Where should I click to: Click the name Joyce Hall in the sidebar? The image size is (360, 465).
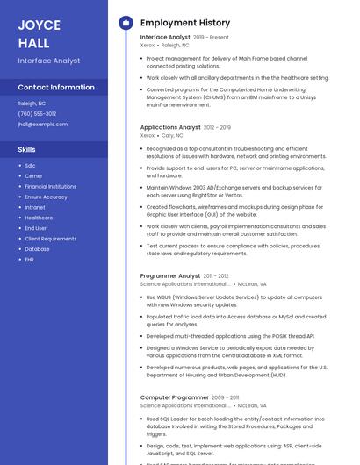[x=40, y=34]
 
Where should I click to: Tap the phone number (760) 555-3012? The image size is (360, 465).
[x=37, y=113]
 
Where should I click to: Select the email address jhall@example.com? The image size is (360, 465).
[x=42, y=124]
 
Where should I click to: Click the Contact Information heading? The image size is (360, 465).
[x=56, y=88]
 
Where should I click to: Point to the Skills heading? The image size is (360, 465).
[x=26, y=150]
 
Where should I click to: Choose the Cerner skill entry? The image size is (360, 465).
[x=33, y=175]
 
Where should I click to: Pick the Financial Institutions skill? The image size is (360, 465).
[x=50, y=186]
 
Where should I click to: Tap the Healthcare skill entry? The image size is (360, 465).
[x=39, y=218]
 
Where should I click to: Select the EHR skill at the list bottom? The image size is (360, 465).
[x=30, y=259]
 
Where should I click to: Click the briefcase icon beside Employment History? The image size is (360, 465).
[x=126, y=23]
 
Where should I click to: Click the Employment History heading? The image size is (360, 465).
[x=185, y=23]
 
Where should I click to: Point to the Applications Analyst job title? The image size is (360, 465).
[x=170, y=127]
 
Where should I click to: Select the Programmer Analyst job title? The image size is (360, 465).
[x=170, y=275]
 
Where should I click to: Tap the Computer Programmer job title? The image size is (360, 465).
[x=174, y=397]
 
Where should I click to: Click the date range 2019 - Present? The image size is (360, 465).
[x=211, y=38]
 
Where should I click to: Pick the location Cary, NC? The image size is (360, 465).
[x=172, y=136]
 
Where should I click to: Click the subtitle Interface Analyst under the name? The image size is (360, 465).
[x=49, y=61]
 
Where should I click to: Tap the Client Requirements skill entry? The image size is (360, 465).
[x=50, y=239]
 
